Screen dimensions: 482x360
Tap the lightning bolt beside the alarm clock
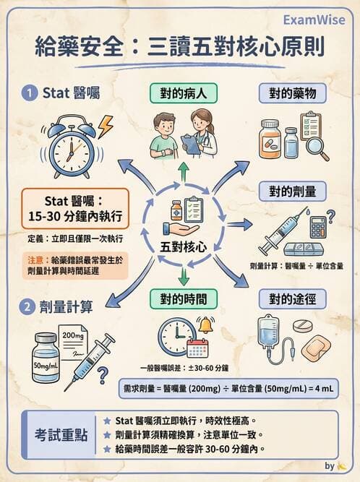106,127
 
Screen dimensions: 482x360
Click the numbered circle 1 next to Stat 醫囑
27,92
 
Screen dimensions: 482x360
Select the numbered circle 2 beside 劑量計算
27,306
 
